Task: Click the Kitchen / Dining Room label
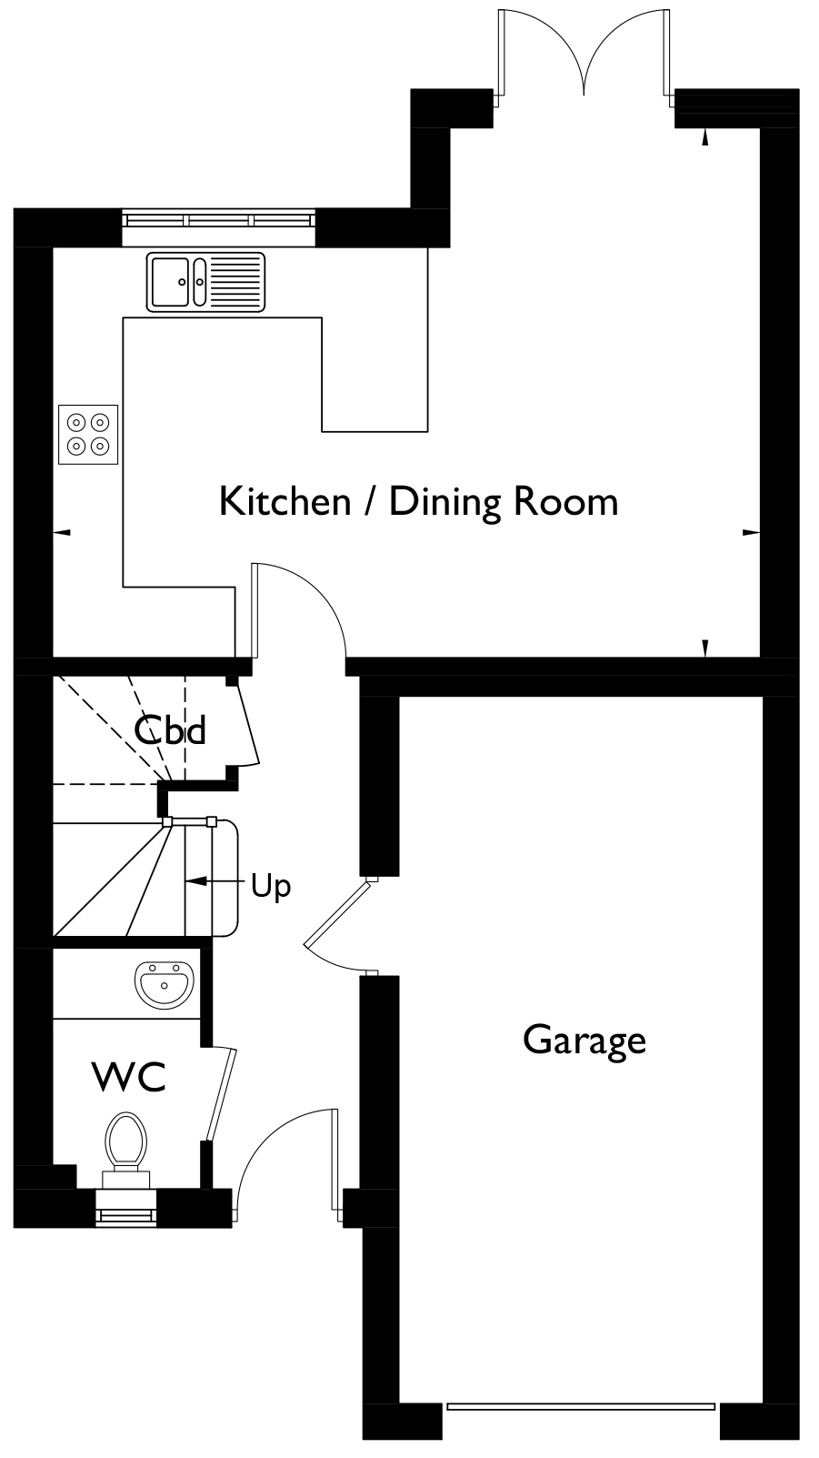tap(418, 502)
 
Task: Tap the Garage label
tap(584, 1041)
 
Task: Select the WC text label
tap(130, 1077)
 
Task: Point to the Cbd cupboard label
tap(170, 730)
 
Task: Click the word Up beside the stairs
tap(271, 886)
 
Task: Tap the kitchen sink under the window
tap(206, 281)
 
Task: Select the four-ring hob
tap(88, 435)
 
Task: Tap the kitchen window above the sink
tap(218, 219)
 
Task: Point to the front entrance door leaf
tap(335, 1164)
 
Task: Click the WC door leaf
tap(221, 1094)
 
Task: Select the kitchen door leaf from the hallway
tap(255, 610)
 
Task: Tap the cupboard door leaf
tap(247, 723)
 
